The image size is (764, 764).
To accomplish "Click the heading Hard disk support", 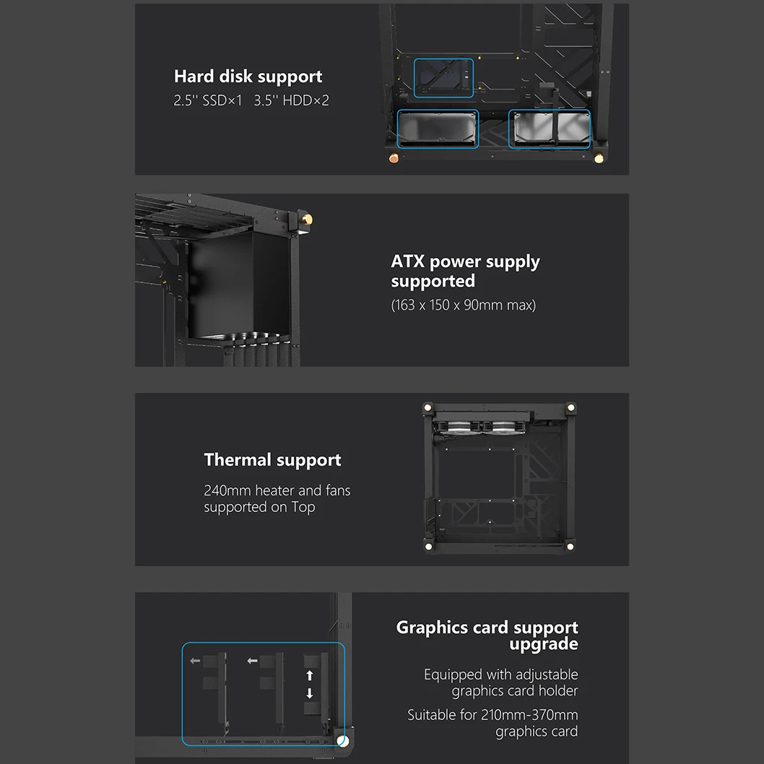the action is [248, 77].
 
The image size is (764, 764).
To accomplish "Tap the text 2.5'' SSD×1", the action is [207, 100].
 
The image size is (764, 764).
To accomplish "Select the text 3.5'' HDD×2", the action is [291, 100].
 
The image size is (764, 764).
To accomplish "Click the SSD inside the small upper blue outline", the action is [443, 77].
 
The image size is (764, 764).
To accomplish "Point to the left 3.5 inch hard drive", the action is [438, 128].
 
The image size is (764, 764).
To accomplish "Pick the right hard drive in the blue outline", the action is [549, 128].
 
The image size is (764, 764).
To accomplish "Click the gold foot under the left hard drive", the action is [394, 158].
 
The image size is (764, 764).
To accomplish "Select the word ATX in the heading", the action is [408, 261].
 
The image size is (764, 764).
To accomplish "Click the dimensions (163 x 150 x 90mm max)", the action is [464, 305].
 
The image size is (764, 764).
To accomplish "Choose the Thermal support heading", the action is [272, 460].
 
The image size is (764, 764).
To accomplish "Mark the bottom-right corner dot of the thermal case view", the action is [570, 547].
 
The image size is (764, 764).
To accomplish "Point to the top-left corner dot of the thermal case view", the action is [427, 407].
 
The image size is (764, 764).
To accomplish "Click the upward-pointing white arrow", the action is [309, 675].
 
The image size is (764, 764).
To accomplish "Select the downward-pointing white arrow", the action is [309, 693].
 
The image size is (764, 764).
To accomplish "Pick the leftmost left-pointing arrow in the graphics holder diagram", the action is [195, 661].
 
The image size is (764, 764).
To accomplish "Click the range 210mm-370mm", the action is [529, 715].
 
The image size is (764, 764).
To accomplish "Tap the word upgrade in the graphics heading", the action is [544, 644].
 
